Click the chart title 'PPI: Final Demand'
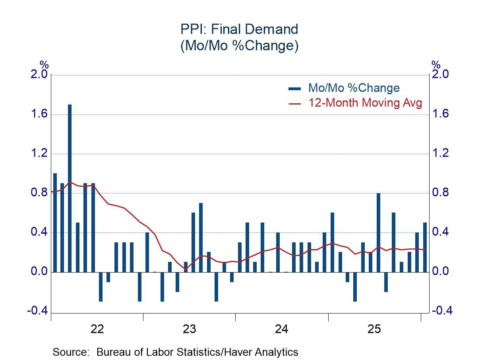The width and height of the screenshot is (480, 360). (239, 29)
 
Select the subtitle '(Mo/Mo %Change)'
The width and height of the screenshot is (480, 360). (239, 46)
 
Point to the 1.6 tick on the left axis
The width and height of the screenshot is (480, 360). (39, 114)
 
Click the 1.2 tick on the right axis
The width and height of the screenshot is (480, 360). (441, 153)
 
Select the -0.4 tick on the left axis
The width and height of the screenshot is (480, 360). (37, 311)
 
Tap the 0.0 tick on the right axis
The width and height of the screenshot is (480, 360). (441, 272)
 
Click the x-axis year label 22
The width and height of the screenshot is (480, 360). (97, 329)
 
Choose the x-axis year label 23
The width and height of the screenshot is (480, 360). (190, 329)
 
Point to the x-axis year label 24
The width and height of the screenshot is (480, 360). (282, 329)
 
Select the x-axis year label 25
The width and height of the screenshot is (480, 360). (374, 329)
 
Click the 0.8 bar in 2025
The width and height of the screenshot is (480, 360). (379, 232)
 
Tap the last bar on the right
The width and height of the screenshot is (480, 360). (425, 247)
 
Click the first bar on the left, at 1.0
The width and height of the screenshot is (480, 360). (55, 223)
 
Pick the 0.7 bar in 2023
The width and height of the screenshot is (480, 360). (201, 238)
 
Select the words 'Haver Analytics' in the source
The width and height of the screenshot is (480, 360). (266, 352)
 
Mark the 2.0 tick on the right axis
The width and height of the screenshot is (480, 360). (441, 75)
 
